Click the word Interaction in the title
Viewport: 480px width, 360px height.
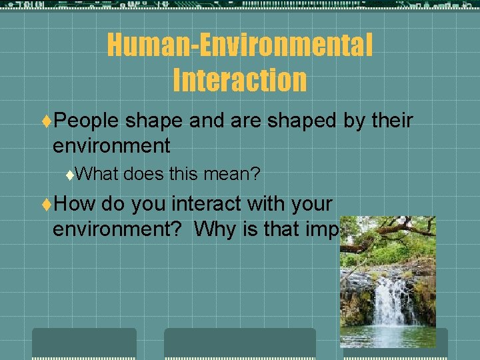239,79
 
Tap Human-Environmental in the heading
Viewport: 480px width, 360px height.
239,45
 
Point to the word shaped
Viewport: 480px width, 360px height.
301,121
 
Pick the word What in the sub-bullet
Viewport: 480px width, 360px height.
96,175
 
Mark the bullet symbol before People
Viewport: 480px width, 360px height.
46,121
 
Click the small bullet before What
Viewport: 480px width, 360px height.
71,175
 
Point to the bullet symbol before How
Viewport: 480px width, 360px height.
46,203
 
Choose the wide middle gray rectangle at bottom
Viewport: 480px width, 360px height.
240,343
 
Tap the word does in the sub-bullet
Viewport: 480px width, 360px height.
143,175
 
